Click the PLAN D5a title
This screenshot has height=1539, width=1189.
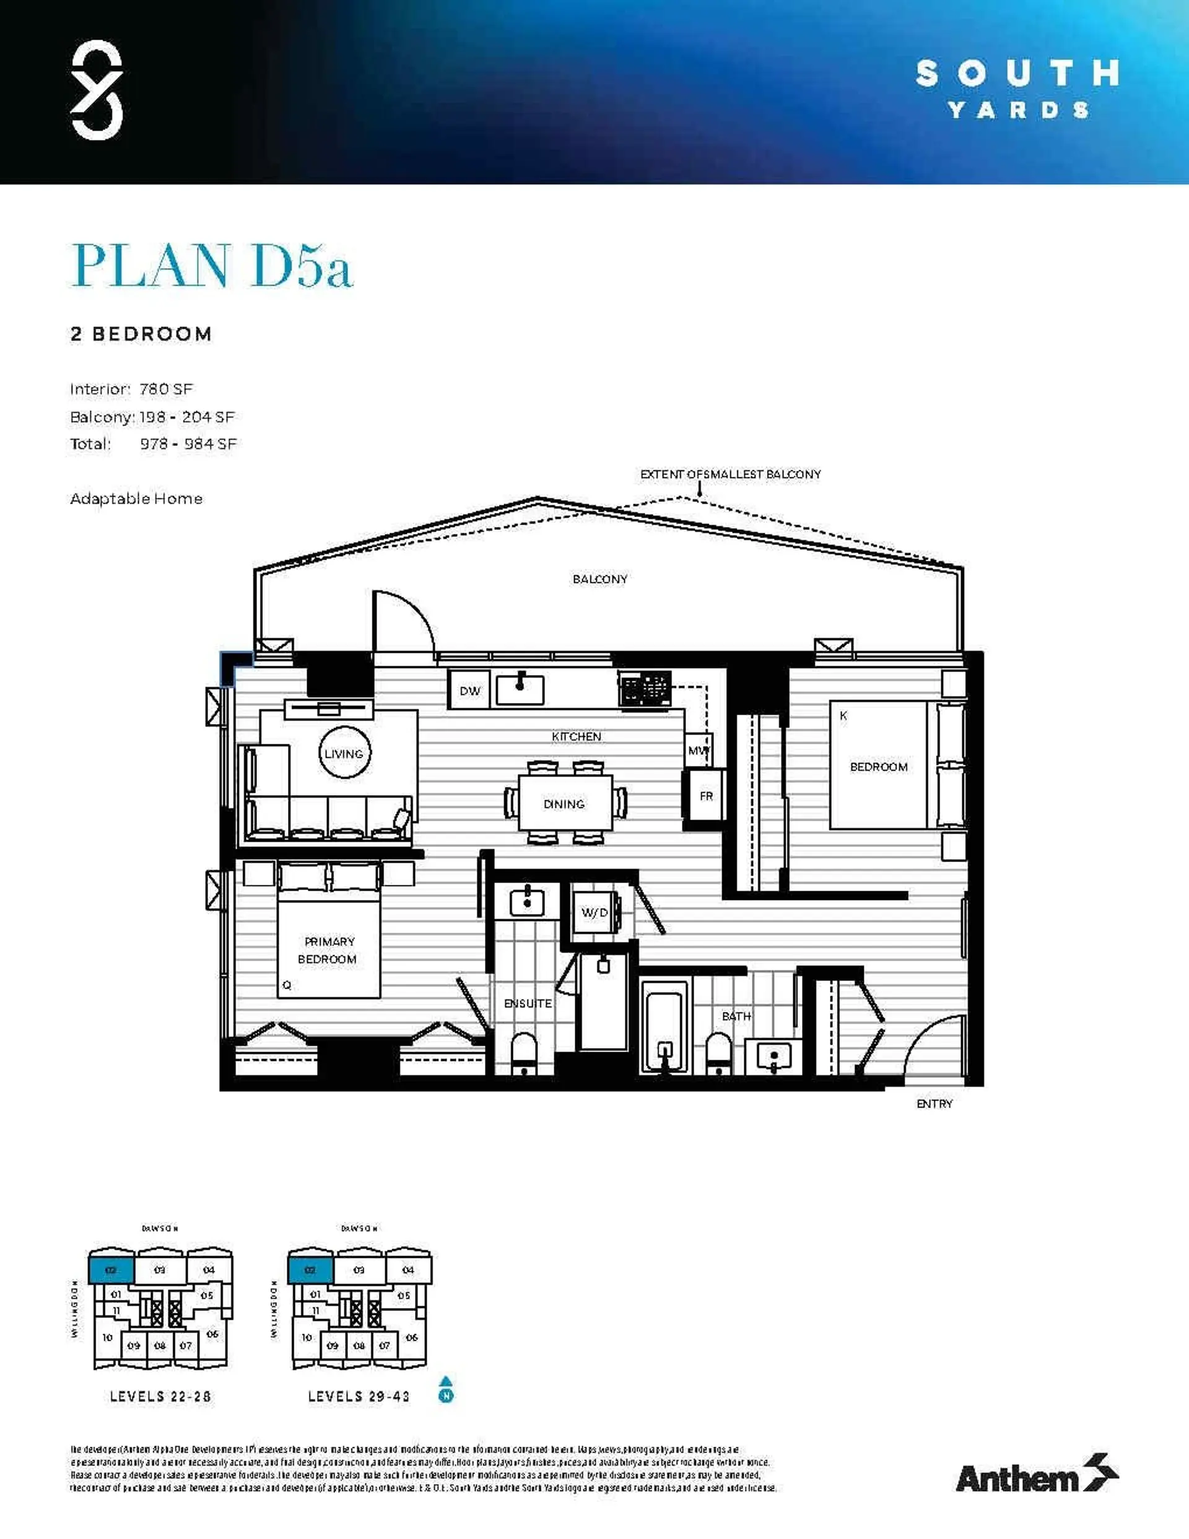point(211,266)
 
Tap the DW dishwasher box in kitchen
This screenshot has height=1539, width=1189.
point(469,691)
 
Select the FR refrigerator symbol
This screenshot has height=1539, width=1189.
point(705,796)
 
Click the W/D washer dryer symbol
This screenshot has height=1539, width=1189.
point(594,912)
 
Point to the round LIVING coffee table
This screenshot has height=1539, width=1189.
point(344,753)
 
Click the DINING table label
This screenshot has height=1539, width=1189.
point(564,804)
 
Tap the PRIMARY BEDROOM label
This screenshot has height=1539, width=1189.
point(327,950)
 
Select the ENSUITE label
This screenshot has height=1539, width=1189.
point(527,1003)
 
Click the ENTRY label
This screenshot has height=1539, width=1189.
point(934,1104)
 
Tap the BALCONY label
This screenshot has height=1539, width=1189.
point(600,579)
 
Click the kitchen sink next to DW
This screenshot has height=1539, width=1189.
point(520,689)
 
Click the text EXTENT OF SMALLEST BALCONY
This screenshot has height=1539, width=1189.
point(730,474)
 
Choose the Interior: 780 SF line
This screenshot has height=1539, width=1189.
point(132,389)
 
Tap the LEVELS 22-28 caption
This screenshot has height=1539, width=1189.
point(160,1396)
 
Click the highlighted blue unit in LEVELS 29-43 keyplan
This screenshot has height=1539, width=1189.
point(310,1270)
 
